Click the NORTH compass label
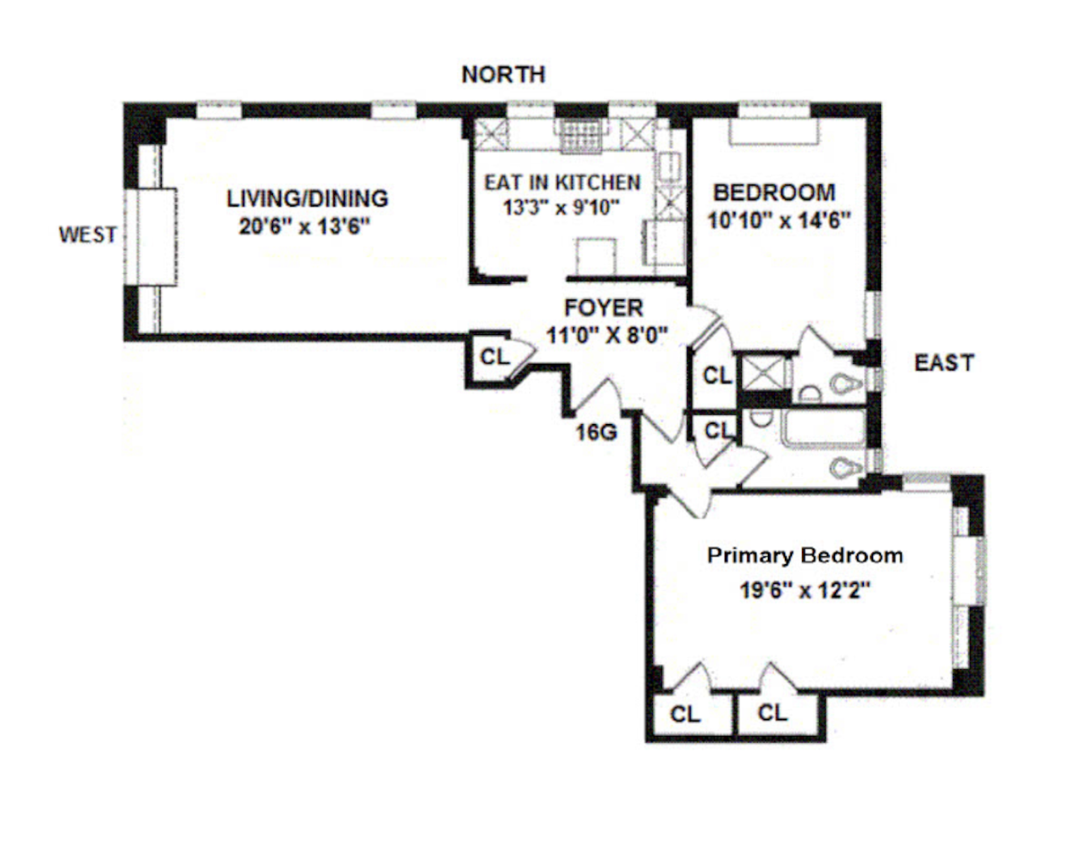pos(503,75)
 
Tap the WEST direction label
pos(87,234)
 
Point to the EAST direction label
pos(944,363)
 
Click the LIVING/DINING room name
pos(307,198)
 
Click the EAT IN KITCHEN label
pos(562,182)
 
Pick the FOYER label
pos(604,308)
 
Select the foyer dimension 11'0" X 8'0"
pos(606,335)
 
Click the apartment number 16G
pos(596,432)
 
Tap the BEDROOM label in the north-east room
pos(773,192)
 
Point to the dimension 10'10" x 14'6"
pos(778,220)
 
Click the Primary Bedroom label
pos(805,556)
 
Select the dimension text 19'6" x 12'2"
pos(805,589)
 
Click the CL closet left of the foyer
pos(495,357)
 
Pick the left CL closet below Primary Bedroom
pos(685,715)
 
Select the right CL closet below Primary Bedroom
pos(772,712)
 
